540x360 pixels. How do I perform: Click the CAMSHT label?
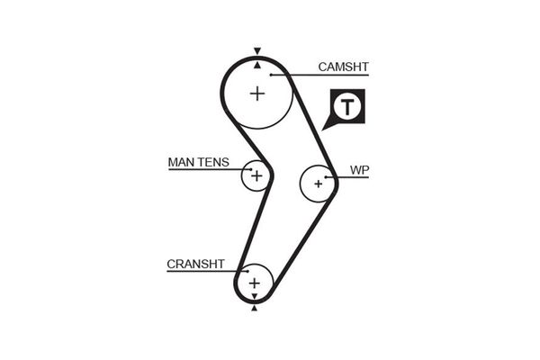pos(344,67)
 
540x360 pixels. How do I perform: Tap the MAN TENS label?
pos(198,163)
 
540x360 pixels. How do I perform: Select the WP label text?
pos(359,168)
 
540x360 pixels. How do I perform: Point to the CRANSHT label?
pos(193,265)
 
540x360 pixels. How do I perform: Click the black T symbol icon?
pos(347,108)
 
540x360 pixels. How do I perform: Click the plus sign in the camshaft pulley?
pos(258,92)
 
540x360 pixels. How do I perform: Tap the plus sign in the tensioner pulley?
pos(256,175)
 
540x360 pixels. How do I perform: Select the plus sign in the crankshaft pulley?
pos(255,283)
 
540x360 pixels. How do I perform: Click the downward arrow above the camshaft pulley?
pos(257,51)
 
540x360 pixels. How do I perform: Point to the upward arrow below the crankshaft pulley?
pos(255,309)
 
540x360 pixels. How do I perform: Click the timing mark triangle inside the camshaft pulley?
pos(257,65)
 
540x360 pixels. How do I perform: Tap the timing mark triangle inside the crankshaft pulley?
pos(255,296)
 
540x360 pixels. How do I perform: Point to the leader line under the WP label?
pos(353,176)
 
